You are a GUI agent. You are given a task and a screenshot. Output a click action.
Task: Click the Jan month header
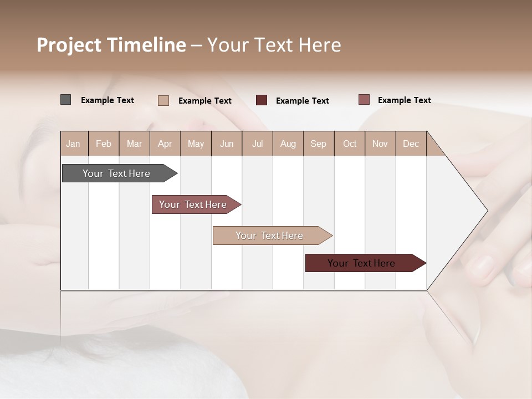click(73, 144)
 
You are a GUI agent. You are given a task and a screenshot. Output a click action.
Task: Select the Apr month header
click(165, 144)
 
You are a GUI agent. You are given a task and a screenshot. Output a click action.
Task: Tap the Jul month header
click(257, 144)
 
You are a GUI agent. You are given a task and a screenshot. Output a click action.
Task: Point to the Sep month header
click(318, 144)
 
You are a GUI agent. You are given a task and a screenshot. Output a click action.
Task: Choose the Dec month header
click(411, 144)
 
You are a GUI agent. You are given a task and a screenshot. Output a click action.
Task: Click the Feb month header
click(104, 144)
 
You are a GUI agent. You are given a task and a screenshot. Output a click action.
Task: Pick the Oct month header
click(350, 144)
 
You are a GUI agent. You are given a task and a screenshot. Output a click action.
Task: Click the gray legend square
click(66, 100)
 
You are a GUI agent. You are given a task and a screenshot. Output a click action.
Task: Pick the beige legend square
click(163, 100)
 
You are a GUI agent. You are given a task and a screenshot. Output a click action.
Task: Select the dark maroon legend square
click(262, 100)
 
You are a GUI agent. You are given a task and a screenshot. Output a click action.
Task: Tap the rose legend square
click(364, 100)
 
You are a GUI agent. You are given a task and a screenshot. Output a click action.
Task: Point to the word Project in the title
click(69, 45)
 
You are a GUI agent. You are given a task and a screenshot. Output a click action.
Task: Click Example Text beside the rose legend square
click(404, 100)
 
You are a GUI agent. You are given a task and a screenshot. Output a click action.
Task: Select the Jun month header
click(227, 144)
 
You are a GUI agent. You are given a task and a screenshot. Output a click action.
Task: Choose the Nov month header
click(380, 144)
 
